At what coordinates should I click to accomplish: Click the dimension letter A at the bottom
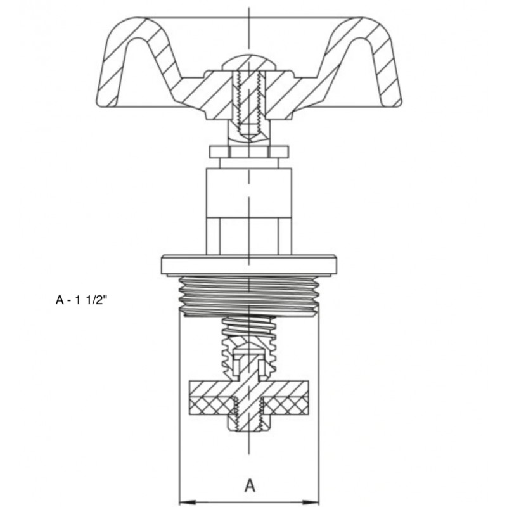[250, 485]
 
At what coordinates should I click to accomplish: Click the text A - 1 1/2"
[81, 300]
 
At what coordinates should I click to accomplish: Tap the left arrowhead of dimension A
[188, 502]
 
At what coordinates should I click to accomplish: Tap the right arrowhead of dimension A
[311, 502]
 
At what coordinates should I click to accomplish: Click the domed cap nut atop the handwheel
[248, 63]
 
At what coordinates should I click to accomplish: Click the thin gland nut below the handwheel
[248, 152]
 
